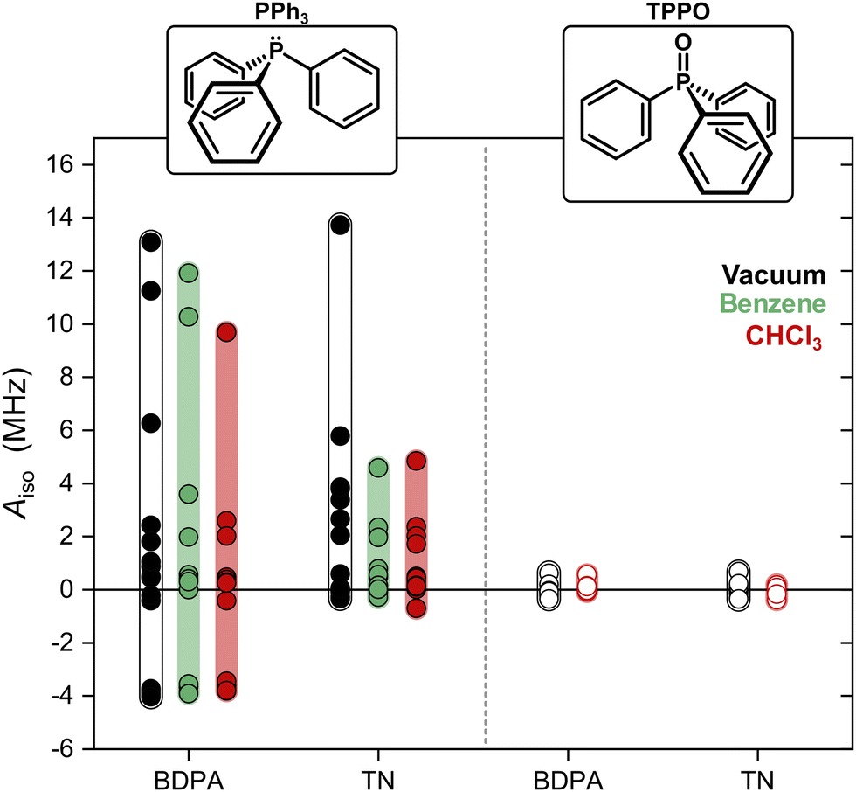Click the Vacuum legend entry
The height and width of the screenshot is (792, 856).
click(773, 275)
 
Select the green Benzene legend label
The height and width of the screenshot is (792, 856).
click(772, 304)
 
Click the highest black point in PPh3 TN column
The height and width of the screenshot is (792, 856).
click(340, 225)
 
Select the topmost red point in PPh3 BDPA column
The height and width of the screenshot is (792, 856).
click(226, 331)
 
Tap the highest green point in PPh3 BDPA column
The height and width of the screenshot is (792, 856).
click(188, 273)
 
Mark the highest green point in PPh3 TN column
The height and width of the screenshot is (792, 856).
click(378, 468)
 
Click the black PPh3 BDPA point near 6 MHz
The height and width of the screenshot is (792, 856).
click(151, 423)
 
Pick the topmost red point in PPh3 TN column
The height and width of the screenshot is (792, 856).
click(416, 460)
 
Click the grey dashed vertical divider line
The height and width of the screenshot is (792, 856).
click(485, 437)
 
